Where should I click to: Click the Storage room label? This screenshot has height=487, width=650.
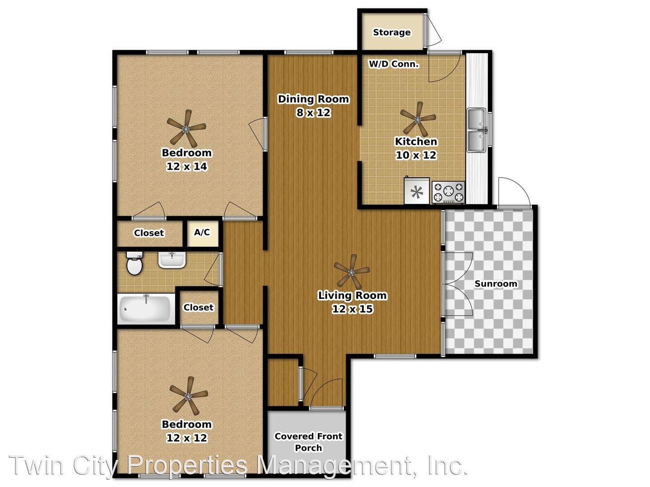[391, 32]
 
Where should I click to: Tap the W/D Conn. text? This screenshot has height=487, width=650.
[394, 64]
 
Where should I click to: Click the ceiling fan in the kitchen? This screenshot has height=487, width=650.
[418, 119]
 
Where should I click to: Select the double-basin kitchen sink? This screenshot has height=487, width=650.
[477, 130]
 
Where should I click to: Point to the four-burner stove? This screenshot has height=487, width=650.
[449, 192]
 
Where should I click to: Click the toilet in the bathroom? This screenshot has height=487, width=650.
[134, 263]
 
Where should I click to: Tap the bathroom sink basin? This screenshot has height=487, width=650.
[172, 260]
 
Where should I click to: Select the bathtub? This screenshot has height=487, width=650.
[146, 309]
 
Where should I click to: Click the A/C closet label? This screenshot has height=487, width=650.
[202, 233]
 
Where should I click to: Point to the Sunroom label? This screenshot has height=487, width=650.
[496, 284]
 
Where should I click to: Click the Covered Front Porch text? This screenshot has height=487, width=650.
[308, 442]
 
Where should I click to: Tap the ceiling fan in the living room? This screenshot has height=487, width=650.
[352, 272]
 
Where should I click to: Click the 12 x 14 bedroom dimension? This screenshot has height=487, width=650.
[186, 166]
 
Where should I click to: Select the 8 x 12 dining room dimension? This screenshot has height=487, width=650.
[313, 113]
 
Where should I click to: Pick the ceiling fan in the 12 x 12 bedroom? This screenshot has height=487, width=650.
[188, 396]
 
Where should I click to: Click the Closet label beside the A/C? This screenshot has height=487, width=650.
[149, 233]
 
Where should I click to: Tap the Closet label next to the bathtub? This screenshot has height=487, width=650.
[198, 308]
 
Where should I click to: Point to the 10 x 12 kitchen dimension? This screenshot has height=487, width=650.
[416, 155]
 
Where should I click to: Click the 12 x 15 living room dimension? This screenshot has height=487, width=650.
[352, 309]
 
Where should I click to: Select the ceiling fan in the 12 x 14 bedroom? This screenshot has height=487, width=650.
[186, 129]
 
